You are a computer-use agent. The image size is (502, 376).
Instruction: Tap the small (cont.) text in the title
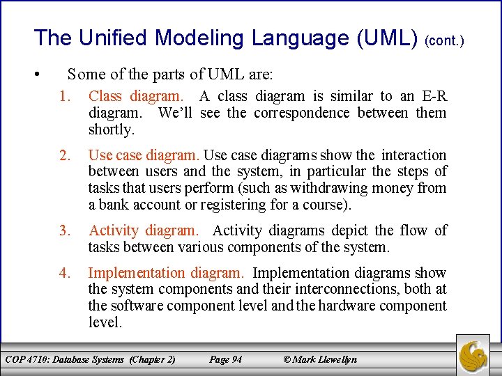[x=444, y=41]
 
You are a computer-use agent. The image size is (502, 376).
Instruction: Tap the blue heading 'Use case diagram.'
[x=144, y=155]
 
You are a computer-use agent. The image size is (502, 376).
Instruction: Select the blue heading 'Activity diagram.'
[x=144, y=230]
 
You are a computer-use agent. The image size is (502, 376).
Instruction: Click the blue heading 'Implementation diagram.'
[x=166, y=273]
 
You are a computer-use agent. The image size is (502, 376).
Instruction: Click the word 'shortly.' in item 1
[x=111, y=130]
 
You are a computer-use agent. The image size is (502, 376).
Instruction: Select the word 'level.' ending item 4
[x=105, y=322]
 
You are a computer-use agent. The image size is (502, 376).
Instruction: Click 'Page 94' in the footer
[x=225, y=359]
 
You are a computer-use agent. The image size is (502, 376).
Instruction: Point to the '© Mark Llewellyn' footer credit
[x=319, y=359]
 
